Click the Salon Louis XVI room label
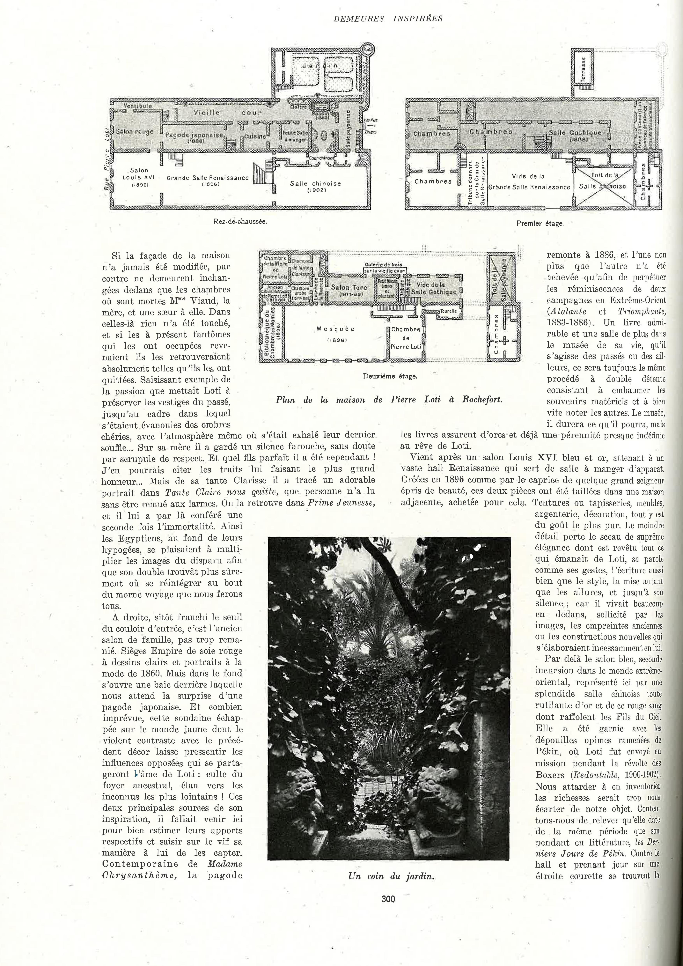139,177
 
